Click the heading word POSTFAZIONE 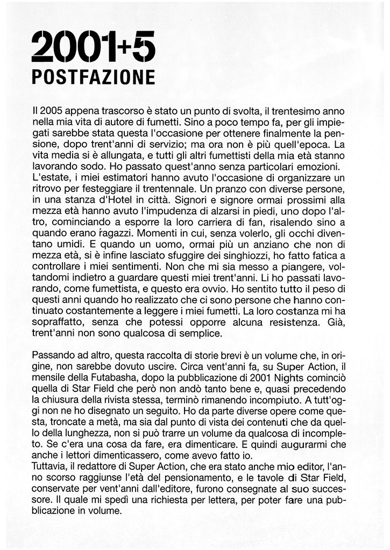(93, 76)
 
